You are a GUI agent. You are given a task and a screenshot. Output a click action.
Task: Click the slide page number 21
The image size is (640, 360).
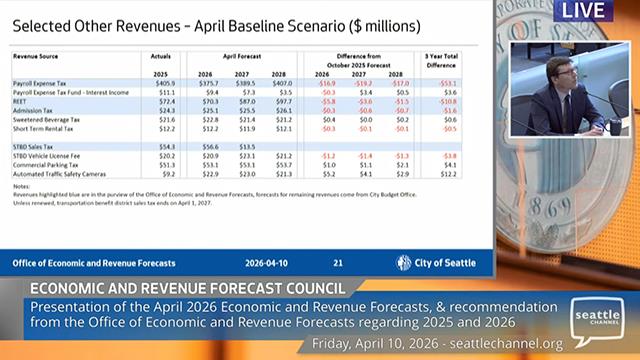click(338, 263)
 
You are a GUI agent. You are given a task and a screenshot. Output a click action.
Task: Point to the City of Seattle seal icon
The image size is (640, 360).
click(404, 263)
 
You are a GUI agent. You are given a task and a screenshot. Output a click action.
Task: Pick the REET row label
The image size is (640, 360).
click(22, 102)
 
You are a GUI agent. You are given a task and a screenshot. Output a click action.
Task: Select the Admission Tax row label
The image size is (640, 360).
click(34, 111)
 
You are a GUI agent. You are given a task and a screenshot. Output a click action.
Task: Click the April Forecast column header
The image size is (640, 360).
click(241, 57)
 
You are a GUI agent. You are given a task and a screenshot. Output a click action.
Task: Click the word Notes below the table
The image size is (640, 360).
click(21, 186)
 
